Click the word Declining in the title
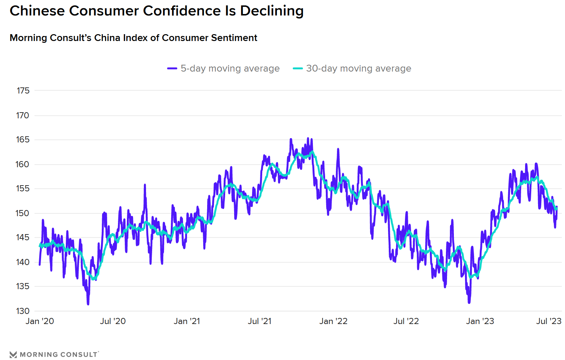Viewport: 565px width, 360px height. (x=272, y=11)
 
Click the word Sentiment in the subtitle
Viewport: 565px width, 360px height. (x=234, y=38)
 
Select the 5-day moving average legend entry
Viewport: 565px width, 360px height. (x=223, y=68)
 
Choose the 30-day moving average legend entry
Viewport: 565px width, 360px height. (x=352, y=68)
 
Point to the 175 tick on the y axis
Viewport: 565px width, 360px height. (x=23, y=91)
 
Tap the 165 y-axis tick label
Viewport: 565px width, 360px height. (x=23, y=140)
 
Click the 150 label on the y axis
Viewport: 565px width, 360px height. (x=23, y=213)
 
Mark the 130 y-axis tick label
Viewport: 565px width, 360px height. (x=23, y=311)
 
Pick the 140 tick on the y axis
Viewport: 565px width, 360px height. (x=23, y=262)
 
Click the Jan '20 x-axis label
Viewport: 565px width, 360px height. (x=40, y=321)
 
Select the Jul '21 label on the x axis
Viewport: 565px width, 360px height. (x=259, y=321)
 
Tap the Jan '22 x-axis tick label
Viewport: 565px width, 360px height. (x=333, y=321)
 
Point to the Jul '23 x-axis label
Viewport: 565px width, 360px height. (x=548, y=321)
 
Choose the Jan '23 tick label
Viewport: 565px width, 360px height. (x=480, y=321)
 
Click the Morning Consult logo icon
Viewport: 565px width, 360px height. (x=13, y=355)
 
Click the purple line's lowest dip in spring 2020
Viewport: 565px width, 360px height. (x=88, y=304)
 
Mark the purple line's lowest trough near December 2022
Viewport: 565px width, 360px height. (x=469, y=302)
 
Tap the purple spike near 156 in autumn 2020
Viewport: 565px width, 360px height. (x=145, y=185)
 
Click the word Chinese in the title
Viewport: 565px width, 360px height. (x=37, y=11)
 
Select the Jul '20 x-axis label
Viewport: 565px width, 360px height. (x=113, y=321)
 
